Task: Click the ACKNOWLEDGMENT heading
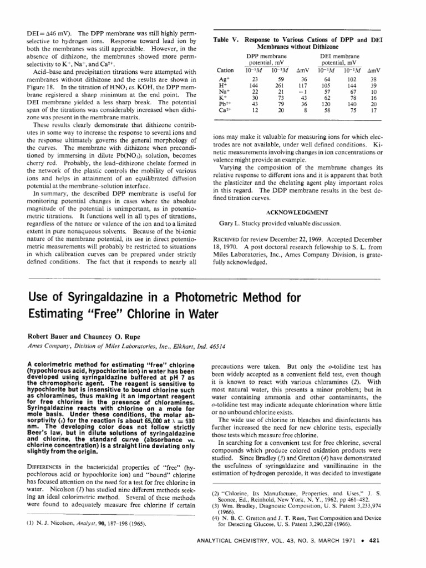296,211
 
